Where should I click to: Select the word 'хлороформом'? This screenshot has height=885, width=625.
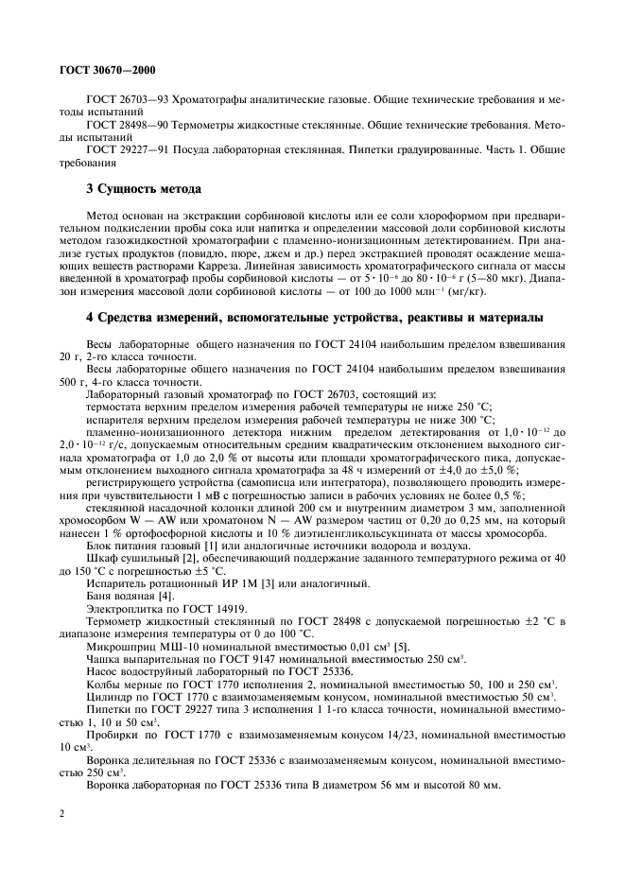(x=397, y=216)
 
